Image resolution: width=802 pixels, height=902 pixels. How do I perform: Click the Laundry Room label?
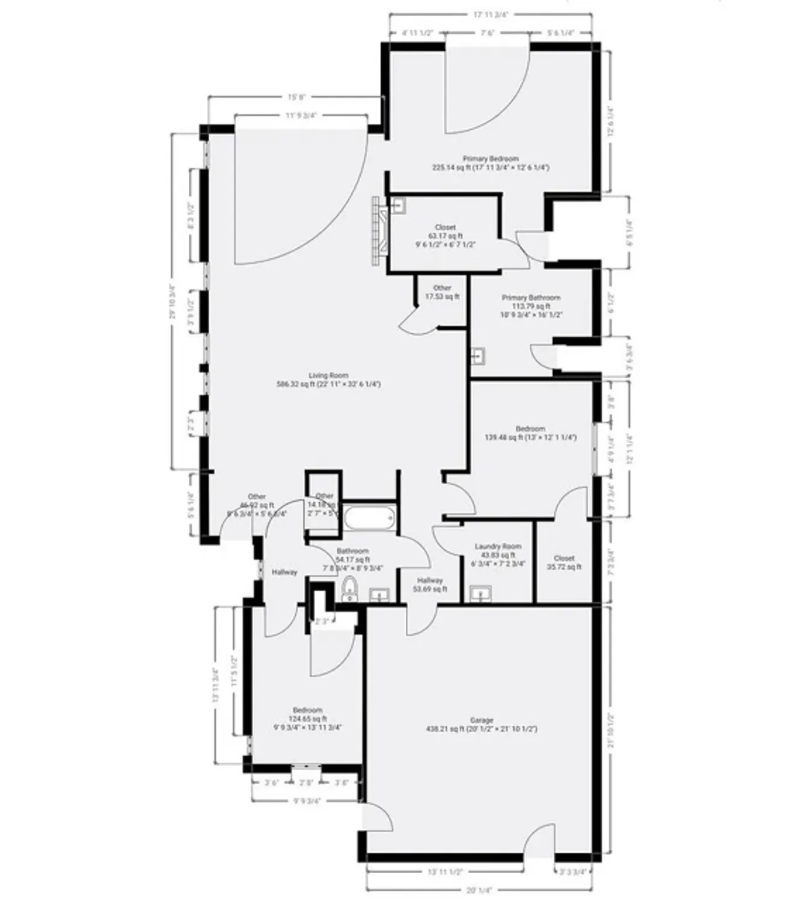[498, 546]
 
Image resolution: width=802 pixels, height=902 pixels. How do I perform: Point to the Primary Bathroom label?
[531, 298]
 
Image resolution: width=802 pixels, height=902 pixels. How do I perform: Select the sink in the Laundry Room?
[481, 594]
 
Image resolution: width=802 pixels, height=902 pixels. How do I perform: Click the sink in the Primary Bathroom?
[478, 357]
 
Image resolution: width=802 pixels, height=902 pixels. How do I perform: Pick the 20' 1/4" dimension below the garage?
[479, 891]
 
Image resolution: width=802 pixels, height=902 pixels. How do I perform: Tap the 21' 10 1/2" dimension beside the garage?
[610, 730]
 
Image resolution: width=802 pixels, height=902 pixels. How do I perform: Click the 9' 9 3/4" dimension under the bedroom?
[307, 800]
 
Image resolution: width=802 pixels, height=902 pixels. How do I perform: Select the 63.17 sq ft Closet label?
[445, 236]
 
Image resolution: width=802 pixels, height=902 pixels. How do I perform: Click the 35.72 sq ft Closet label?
[565, 562]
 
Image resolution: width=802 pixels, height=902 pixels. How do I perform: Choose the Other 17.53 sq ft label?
[442, 292]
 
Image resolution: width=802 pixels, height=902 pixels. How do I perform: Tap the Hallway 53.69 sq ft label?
[430, 584]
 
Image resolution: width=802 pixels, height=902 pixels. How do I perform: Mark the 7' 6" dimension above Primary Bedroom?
[488, 33]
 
